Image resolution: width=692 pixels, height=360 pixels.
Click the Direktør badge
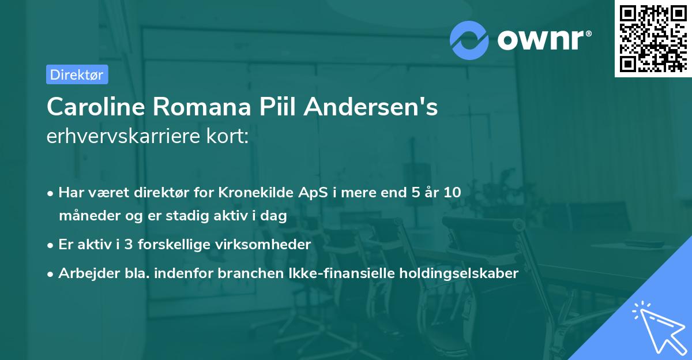click(x=77, y=74)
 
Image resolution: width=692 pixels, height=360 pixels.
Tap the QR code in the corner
click(x=652, y=38)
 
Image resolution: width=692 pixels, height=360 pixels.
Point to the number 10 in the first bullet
click(x=452, y=193)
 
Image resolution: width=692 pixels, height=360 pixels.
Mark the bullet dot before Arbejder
click(x=51, y=274)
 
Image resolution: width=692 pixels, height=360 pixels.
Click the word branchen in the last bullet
click(x=244, y=273)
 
